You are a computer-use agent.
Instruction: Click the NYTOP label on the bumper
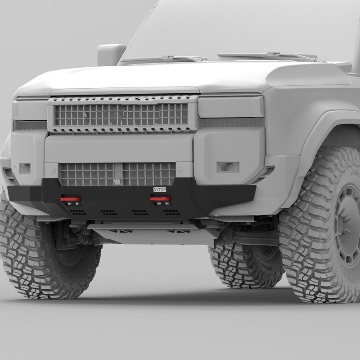160,190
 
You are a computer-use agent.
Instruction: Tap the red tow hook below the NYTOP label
160,199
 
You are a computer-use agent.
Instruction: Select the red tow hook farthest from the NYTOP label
71,199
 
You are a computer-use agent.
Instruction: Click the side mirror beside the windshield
110,53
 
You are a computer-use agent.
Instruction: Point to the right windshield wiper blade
270,56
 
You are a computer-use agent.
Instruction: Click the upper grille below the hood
121,114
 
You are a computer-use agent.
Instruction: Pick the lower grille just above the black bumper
117,174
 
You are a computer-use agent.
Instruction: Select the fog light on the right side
228,167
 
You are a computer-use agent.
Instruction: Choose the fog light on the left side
25,169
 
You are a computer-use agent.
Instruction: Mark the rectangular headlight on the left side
30,109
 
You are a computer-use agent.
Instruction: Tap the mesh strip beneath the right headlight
232,122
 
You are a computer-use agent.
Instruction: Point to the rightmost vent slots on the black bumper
171,212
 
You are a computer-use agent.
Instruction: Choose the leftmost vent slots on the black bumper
78,212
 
